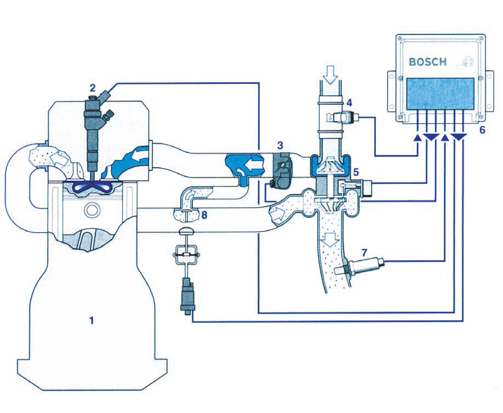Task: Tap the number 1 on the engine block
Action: coord(92,320)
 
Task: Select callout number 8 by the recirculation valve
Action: coord(204,215)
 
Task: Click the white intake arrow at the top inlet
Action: coord(330,73)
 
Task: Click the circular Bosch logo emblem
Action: coord(467,62)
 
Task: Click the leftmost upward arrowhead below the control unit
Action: coord(418,137)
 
